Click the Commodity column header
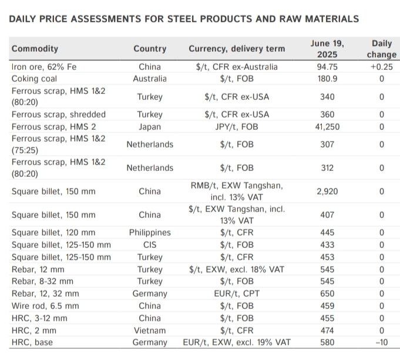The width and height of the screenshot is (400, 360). pyautogui.click(x=35, y=49)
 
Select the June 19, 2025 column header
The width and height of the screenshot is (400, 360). pyautogui.click(x=327, y=49)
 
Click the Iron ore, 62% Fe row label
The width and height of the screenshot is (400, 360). pyautogui.click(x=44, y=67)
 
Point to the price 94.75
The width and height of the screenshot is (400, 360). pyautogui.click(x=327, y=67)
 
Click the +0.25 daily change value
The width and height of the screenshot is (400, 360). pyautogui.click(x=382, y=67)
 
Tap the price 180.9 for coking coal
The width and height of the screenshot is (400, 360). pyautogui.click(x=327, y=79)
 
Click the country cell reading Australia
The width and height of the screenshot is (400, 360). pyautogui.click(x=150, y=79)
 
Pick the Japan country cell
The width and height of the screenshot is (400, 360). pyautogui.click(x=150, y=126)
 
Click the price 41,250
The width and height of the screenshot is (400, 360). pyautogui.click(x=327, y=126)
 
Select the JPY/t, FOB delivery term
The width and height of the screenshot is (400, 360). pyautogui.click(x=237, y=126)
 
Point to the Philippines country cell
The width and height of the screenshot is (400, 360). pyautogui.click(x=150, y=233)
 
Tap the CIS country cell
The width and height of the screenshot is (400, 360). pyautogui.click(x=150, y=244)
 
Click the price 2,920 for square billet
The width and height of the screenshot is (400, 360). pyautogui.click(x=327, y=191)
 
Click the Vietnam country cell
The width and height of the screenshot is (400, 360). pyautogui.click(x=150, y=331)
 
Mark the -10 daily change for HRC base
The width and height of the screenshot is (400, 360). pyautogui.click(x=382, y=342)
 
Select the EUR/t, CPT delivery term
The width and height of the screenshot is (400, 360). pyautogui.click(x=237, y=294)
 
